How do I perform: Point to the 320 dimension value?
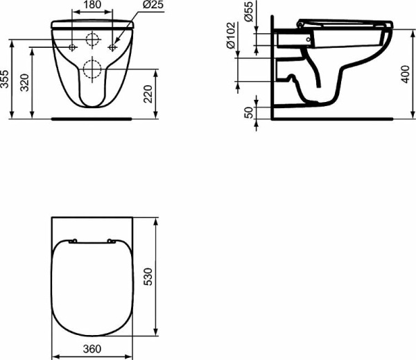[25, 83]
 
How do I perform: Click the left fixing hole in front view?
[72, 47]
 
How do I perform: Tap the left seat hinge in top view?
[72, 241]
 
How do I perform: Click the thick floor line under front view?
[92, 119]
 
